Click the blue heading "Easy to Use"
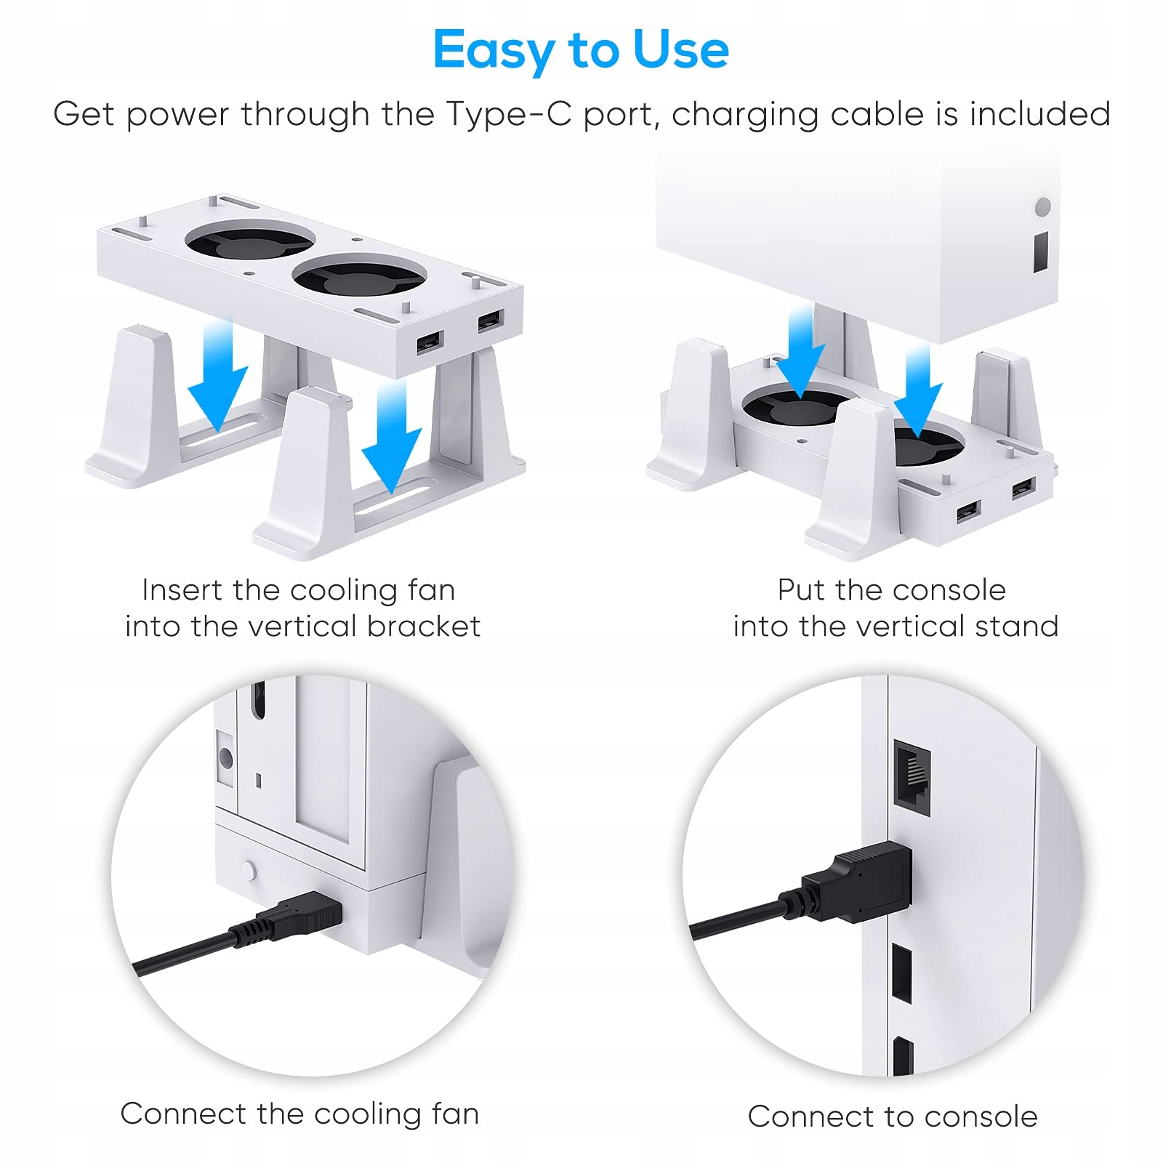(x=581, y=50)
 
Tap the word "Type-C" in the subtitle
(x=508, y=114)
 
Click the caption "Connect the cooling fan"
(x=299, y=1114)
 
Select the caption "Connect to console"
(x=893, y=1116)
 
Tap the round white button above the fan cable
(x=249, y=870)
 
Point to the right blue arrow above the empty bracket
(x=392, y=436)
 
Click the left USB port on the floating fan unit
(x=430, y=342)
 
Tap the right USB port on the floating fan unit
(x=491, y=320)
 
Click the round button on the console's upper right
(x=1043, y=206)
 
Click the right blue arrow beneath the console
(x=918, y=391)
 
